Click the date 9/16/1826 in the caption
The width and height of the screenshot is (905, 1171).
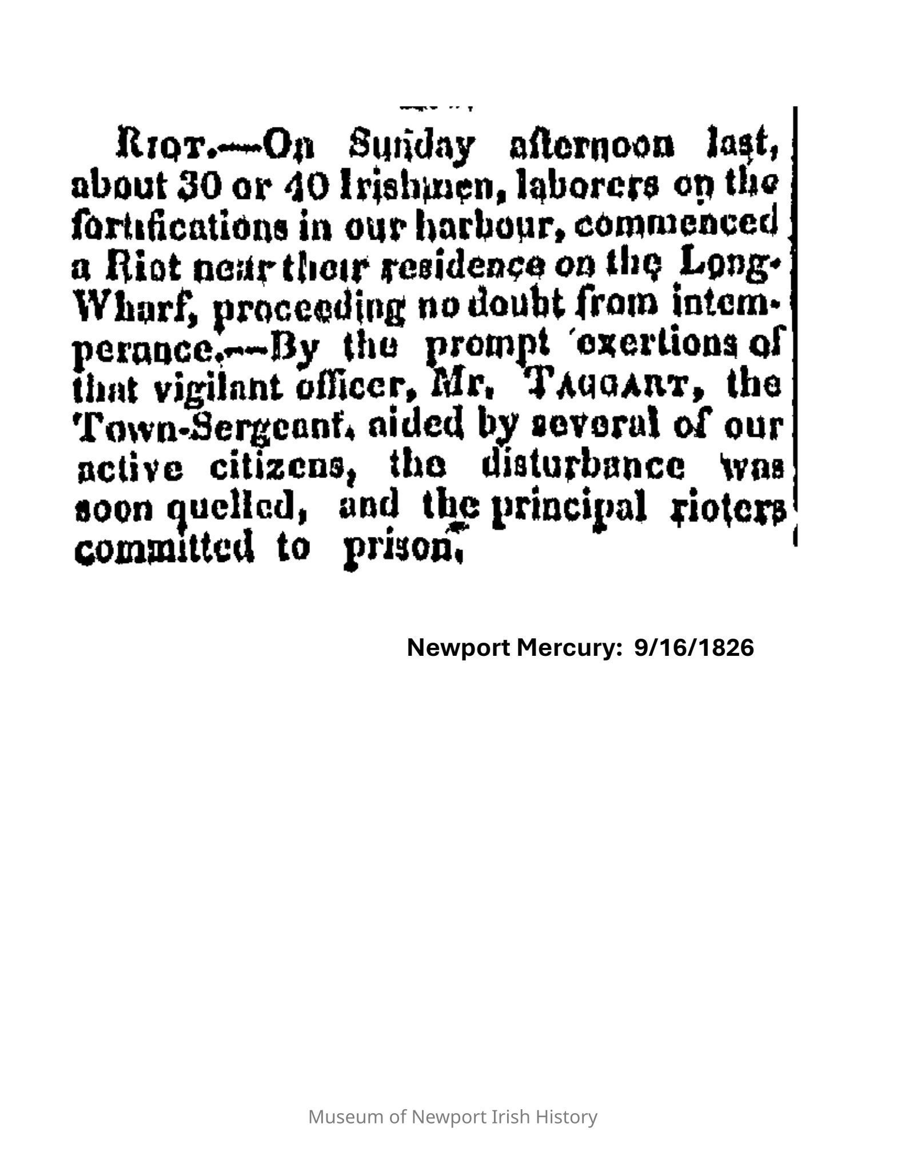pyautogui.click(x=694, y=648)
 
